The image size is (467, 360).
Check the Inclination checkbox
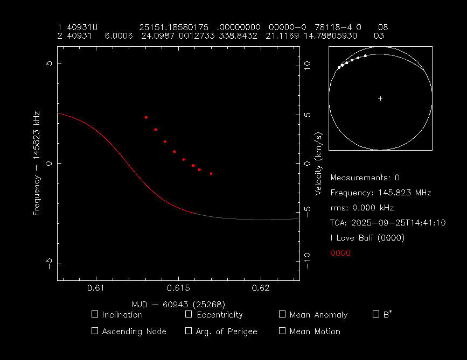pos(95,314)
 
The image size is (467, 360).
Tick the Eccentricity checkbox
pos(189,314)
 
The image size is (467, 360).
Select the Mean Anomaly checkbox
pos(282,314)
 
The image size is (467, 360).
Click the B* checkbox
pos(376,314)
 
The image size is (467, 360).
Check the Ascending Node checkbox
pos(95,331)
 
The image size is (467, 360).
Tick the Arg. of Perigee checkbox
pos(189,331)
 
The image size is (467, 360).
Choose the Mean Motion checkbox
pos(282,331)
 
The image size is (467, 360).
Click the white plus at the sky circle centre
pos(380,98)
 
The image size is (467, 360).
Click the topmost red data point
pos(146,117)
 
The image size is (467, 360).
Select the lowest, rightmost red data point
pos(211,174)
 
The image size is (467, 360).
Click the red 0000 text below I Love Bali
pos(340,253)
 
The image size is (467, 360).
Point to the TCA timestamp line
pos(388,223)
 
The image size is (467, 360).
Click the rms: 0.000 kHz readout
pos(362,208)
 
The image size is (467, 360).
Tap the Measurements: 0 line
pos(365,178)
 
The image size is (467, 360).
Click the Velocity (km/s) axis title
pos(319,164)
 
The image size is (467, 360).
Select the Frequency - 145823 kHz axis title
pos(37,163)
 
